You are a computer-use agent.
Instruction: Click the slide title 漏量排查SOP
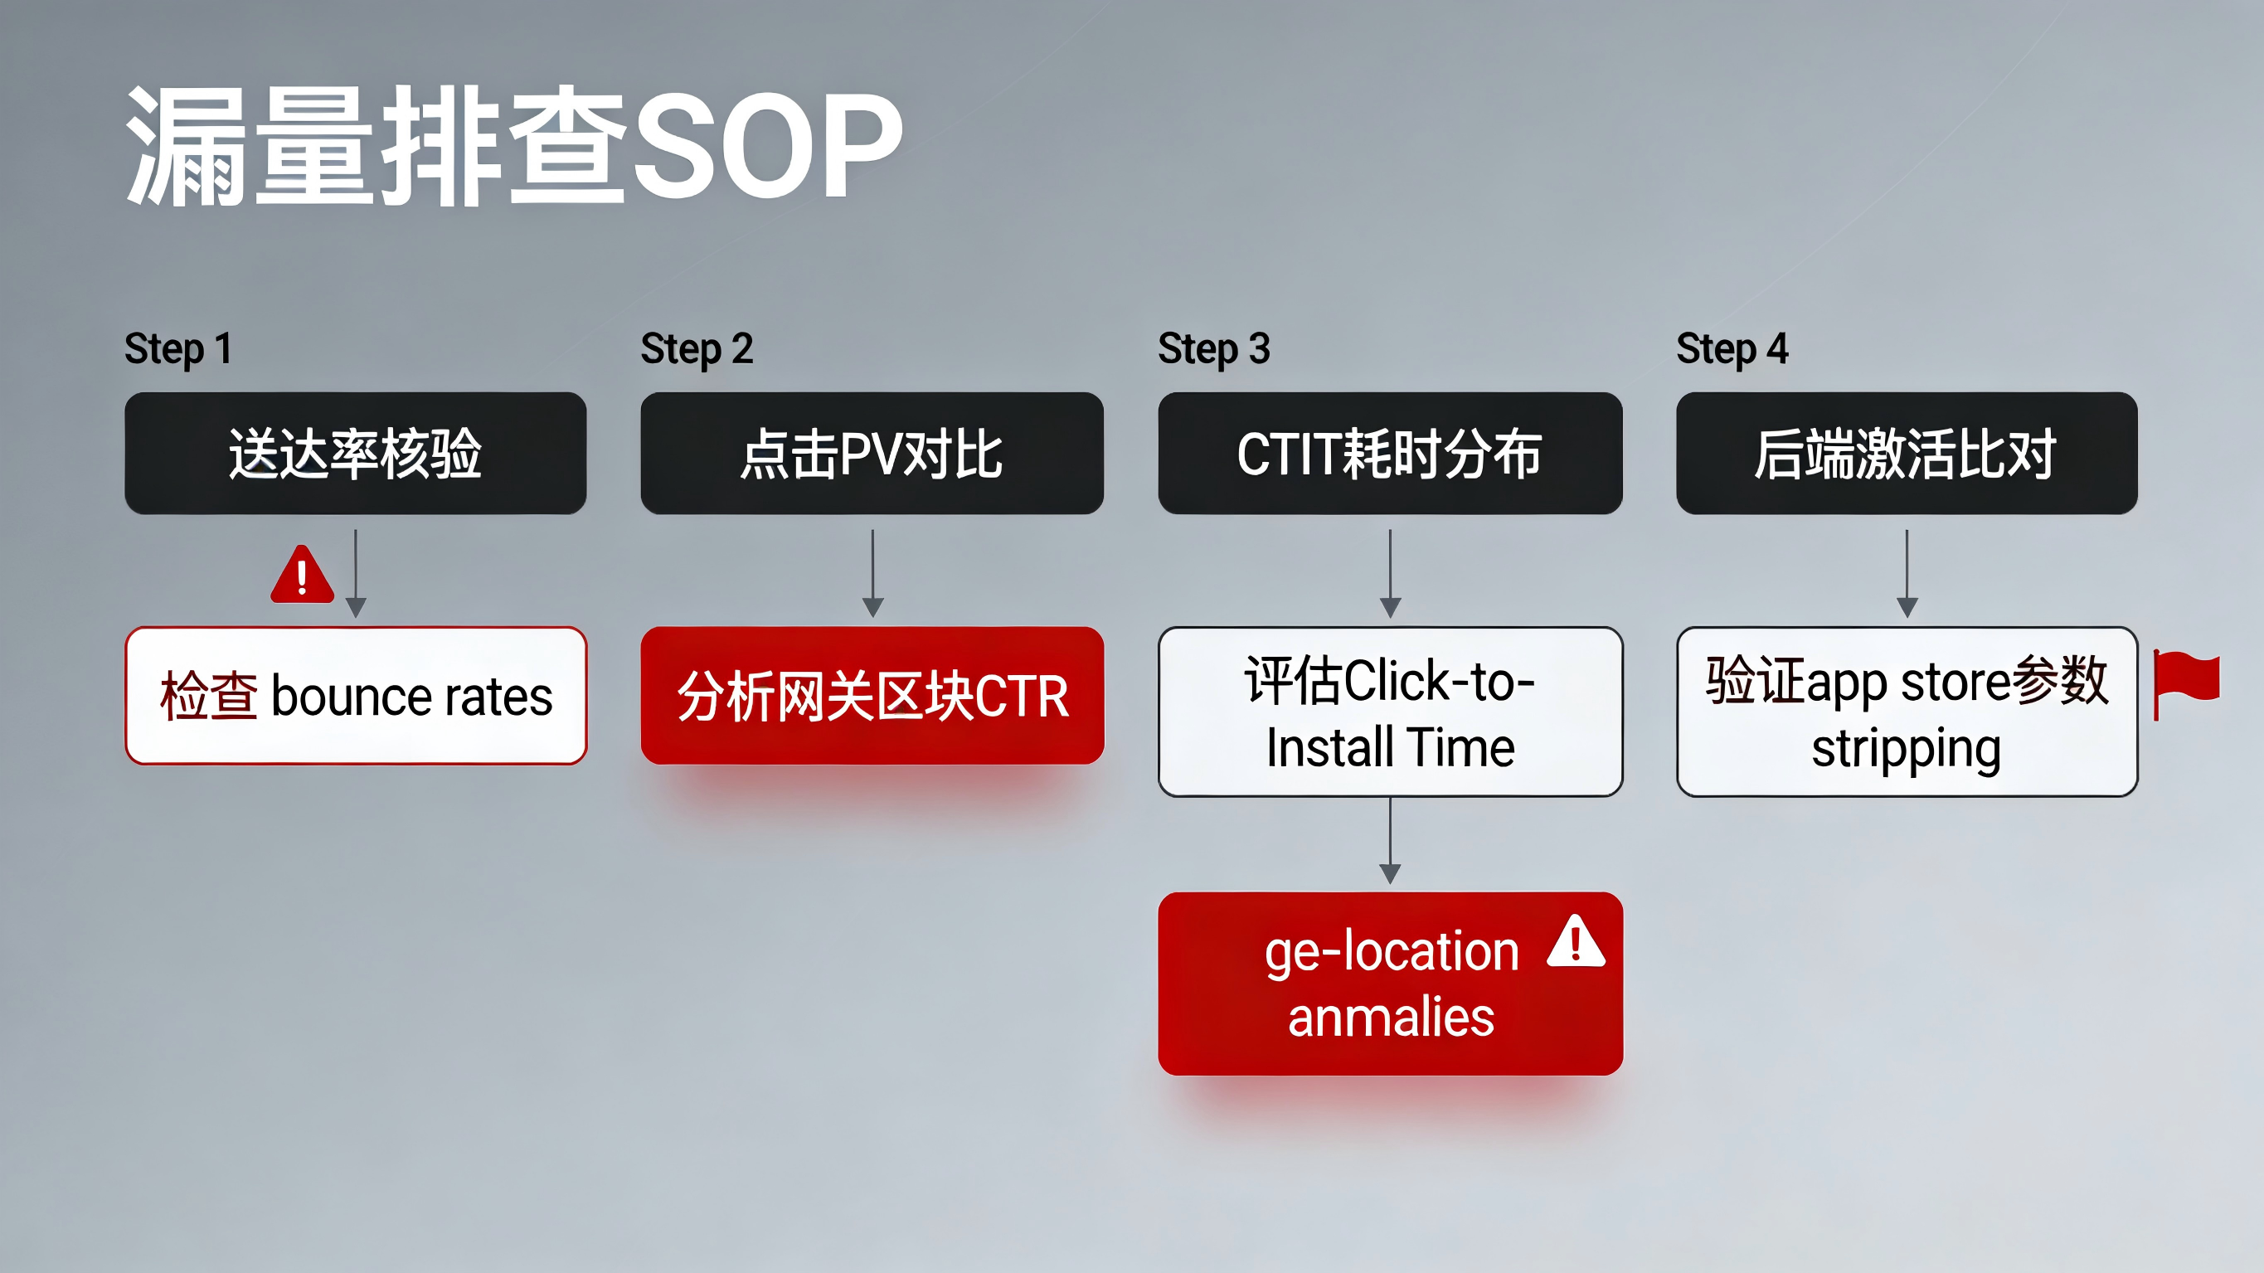[x=515, y=146]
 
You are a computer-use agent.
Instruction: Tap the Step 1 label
[x=178, y=349]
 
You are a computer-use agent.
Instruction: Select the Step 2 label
[x=697, y=349]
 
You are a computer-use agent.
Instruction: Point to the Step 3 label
[x=1214, y=349]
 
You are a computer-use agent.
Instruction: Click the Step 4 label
[x=1732, y=349]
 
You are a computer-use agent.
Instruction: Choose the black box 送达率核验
[x=355, y=454]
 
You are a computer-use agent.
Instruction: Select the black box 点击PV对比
[x=872, y=454]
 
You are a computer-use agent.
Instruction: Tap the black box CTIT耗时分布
[x=1391, y=454]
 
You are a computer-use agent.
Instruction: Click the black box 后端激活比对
[x=1907, y=454]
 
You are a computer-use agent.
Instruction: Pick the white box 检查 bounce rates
[x=355, y=696]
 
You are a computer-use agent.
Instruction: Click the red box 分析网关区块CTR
[x=872, y=696]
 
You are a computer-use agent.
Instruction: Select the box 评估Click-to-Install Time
[x=1391, y=712]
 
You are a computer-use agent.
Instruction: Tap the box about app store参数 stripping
[x=1907, y=712]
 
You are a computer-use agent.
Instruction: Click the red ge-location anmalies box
[x=1391, y=984]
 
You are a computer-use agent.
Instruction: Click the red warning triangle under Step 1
[x=303, y=575]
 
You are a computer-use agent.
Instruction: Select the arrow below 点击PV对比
[x=872, y=573]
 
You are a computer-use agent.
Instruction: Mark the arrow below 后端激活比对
[x=1907, y=573]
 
